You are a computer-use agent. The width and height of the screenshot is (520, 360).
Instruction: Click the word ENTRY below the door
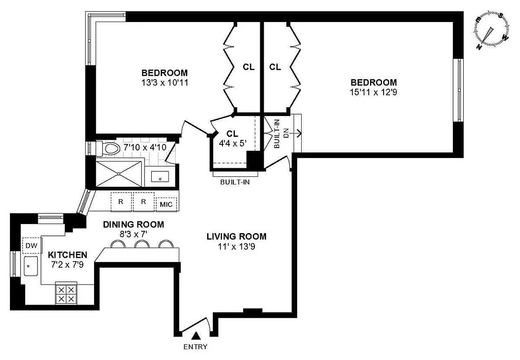pyautogui.click(x=195, y=347)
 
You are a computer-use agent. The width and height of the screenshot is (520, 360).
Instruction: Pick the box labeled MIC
pyautogui.click(x=166, y=204)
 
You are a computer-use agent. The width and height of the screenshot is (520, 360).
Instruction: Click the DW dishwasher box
pyautogui.click(x=31, y=245)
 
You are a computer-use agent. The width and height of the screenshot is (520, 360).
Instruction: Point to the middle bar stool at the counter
pyautogui.click(x=142, y=244)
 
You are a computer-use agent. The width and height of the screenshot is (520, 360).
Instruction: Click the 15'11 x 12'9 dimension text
pyautogui.click(x=374, y=93)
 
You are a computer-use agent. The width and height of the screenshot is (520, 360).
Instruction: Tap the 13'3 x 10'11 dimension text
pyautogui.click(x=164, y=83)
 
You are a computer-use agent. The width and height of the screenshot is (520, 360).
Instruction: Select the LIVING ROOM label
pyautogui.click(x=236, y=236)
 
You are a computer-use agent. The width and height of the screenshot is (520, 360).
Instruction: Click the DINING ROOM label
pyautogui.click(x=133, y=224)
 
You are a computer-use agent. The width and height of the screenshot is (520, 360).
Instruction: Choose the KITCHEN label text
pyautogui.click(x=68, y=255)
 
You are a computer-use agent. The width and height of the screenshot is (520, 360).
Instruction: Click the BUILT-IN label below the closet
pyautogui.click(x=235, y=182)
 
